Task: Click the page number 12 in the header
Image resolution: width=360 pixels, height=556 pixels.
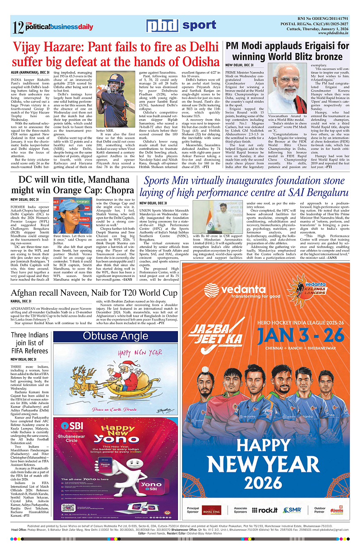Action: pos(17,28)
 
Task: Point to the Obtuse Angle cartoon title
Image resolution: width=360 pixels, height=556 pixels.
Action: pos(110,336)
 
